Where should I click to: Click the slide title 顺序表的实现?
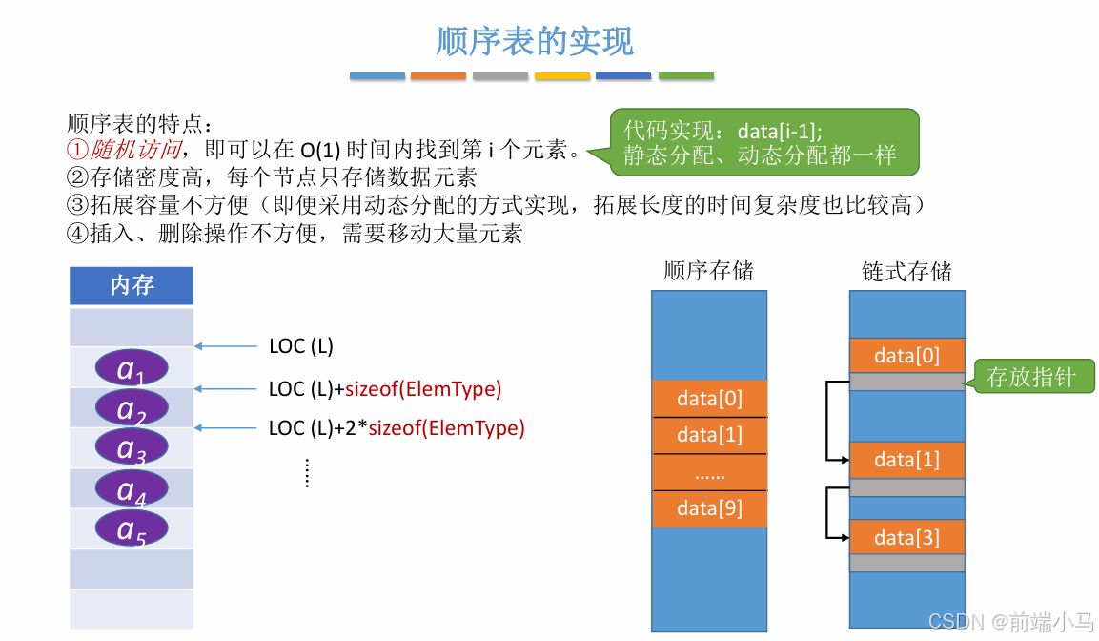pos(534,42)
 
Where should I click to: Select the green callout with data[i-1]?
pos(763,142)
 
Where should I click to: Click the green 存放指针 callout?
pos(1032,377)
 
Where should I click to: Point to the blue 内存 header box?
pos(132,285)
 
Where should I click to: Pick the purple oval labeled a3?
pos(132,447)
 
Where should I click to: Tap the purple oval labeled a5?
pos(132,527)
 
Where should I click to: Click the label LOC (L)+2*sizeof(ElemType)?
pos(397,428)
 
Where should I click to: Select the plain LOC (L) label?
pos(301,346)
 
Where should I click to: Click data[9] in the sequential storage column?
pos(709,508)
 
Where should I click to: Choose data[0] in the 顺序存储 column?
pos(709,398)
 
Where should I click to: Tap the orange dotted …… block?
pos(709,472)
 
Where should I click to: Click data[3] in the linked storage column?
pos(906,538)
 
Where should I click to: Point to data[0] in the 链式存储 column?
pos(906,356)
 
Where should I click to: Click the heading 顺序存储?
pos(708,271)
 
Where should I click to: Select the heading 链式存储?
pos(906,271)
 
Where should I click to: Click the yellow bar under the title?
pos(562,76)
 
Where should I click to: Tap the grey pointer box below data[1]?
pos(906,487)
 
